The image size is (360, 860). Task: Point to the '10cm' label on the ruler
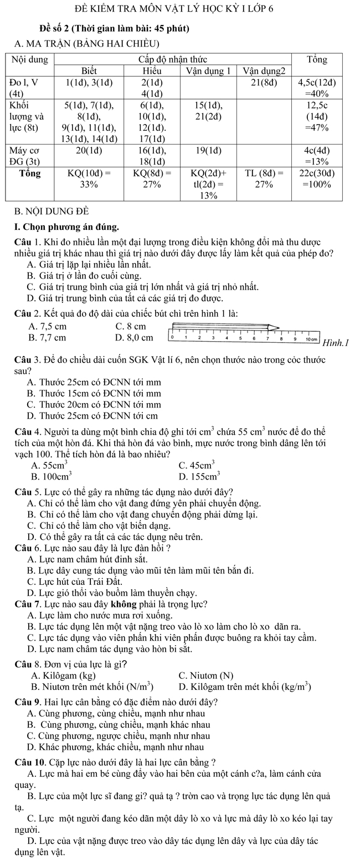311,337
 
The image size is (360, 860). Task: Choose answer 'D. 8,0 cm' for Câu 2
134,337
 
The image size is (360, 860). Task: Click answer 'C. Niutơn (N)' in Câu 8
206,676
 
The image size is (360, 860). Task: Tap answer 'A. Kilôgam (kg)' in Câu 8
64,676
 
